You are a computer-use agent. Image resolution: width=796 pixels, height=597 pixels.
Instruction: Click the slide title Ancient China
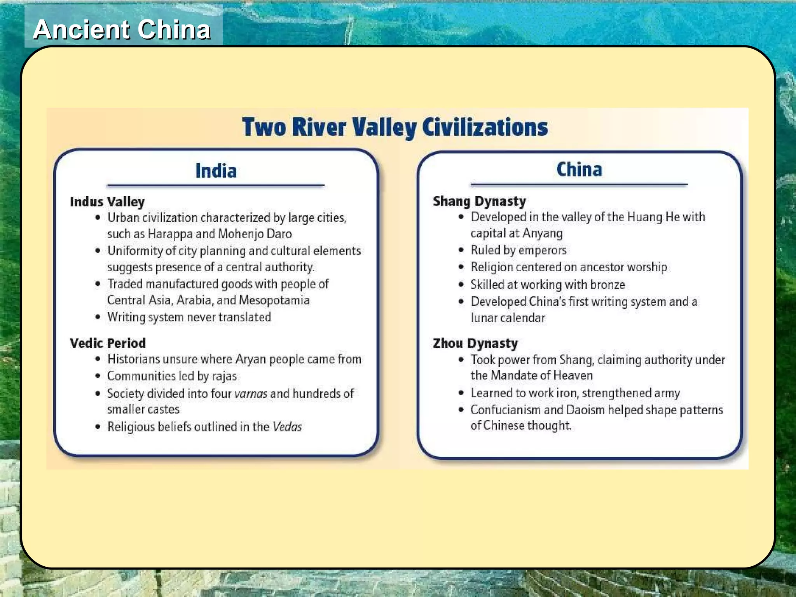click(122, 30)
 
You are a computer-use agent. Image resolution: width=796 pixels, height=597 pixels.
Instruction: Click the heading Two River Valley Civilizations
click(395, 127)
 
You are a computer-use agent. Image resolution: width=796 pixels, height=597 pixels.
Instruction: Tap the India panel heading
click(216, 171)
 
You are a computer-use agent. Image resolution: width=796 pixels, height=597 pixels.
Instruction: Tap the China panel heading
click(579, 169)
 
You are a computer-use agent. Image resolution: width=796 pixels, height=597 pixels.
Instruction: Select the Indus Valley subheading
click(107, 202)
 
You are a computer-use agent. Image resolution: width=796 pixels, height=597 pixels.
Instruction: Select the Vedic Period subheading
click(108, 343)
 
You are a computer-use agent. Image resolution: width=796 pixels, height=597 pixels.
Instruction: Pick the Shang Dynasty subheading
click(479, 201)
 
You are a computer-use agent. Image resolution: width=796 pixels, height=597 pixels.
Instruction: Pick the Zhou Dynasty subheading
click(475, 343)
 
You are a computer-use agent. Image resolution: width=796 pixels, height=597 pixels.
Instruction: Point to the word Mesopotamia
click(274, 300)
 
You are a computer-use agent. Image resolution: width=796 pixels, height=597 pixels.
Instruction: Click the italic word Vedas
click(287, 427)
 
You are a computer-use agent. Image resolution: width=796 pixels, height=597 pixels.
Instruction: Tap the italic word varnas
click(251, 394)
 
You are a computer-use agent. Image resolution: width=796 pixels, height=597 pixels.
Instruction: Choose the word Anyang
click(542, 233)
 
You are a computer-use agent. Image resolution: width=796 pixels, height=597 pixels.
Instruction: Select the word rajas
click(224, 376)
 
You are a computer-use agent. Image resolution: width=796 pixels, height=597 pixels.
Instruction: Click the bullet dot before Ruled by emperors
click(461, 250)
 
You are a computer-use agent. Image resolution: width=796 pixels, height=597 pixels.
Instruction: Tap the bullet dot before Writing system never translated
click(98, 317)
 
